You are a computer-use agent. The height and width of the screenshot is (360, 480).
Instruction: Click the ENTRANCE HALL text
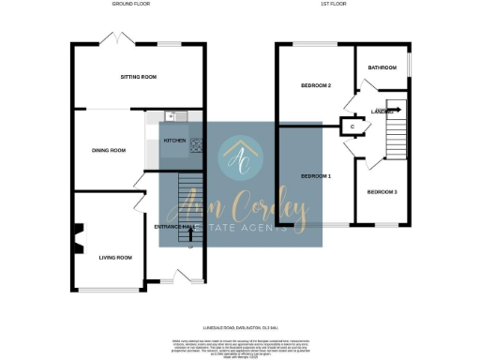click(172, 226)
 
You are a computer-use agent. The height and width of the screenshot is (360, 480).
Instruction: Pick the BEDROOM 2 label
click(316, 85)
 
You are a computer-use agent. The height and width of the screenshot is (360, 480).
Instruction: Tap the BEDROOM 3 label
click(382, 192)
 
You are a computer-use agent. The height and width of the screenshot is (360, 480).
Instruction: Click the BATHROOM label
click(382, 67)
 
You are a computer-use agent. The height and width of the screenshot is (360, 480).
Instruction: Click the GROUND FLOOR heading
click(131, 5)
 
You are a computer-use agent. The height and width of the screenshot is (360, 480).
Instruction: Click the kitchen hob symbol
click(197, 144)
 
